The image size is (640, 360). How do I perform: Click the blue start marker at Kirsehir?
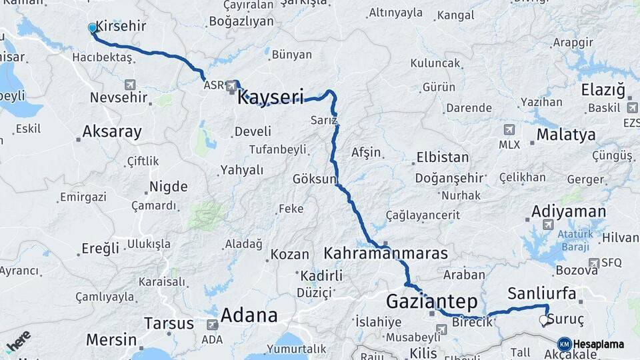click(92, 28)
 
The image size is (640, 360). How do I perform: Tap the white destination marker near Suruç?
click(543, 321)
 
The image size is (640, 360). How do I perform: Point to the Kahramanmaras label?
click(386, 253)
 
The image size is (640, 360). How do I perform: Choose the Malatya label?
click(566, 135)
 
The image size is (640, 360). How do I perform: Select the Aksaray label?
click(112, 131)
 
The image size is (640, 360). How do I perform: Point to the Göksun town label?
click(315, 179)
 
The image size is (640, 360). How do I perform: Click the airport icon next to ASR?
click(231, 85)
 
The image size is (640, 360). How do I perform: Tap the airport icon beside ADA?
click(212, 325)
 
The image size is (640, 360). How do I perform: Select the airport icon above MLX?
click(509, 129)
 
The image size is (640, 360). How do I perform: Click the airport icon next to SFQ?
click(593, 263)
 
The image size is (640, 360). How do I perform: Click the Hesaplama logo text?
click(598, 344)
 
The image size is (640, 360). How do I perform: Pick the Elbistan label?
click(443, 158)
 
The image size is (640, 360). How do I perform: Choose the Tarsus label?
click(169, 324)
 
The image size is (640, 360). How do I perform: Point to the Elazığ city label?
click(603, 89)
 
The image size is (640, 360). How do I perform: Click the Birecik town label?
click(472, 322)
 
